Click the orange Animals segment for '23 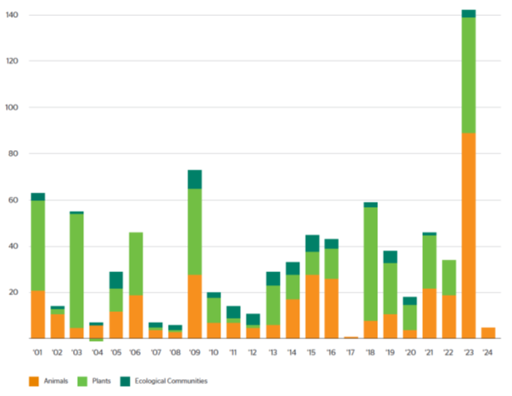pyautogui.click(x=469, y=236)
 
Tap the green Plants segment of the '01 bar pyautogui.click(x=37, y=245)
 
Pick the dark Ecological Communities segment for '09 pyautogui.click(x=194, y=179)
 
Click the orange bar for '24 pyautogui.click(x=488, y=332)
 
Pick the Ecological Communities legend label pyautogui.click(x=175, y=381)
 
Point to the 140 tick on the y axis pyautogui.click(x=15, y=15)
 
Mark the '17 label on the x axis pyautogui.click(x=351, y=352)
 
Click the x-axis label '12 pyautogui.click(x=253, y=352)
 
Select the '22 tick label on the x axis pyautogui.click(x=449, y=352)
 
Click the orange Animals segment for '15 pyautogui.click(x=312, y=306)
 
